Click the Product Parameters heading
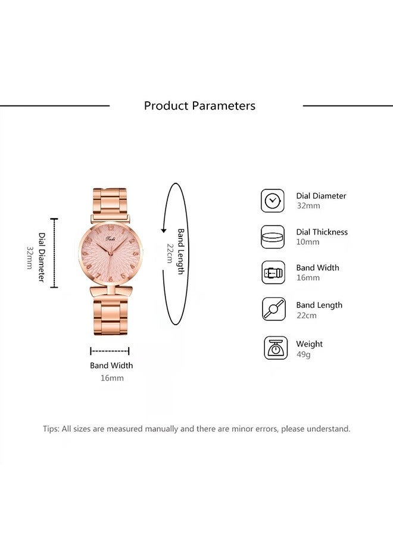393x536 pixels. click(199, 105)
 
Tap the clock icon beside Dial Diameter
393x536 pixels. click(273, 201)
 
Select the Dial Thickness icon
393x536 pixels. click(273, 237)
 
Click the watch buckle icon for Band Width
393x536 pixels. click(273, 273)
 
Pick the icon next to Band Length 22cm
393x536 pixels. click(274, 309)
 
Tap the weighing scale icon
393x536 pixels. click(276, 348)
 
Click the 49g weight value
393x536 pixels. click(304, 354)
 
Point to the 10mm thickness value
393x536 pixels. click(308, 242)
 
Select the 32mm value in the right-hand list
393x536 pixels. click(308, 206)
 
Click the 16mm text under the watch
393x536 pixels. click(112, 378)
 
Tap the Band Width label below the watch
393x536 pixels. click(111, 366)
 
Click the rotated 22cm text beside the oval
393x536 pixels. click(170, 253)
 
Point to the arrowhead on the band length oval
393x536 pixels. click(164, 230)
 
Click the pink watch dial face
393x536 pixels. click(110, 253)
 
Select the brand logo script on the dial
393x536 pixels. click(111, 239)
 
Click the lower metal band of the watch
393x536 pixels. click(110, 311)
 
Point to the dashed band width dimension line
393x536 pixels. click(110, 351)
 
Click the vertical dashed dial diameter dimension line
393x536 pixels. click(54, 253)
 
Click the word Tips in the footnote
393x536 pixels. click(51, 429)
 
